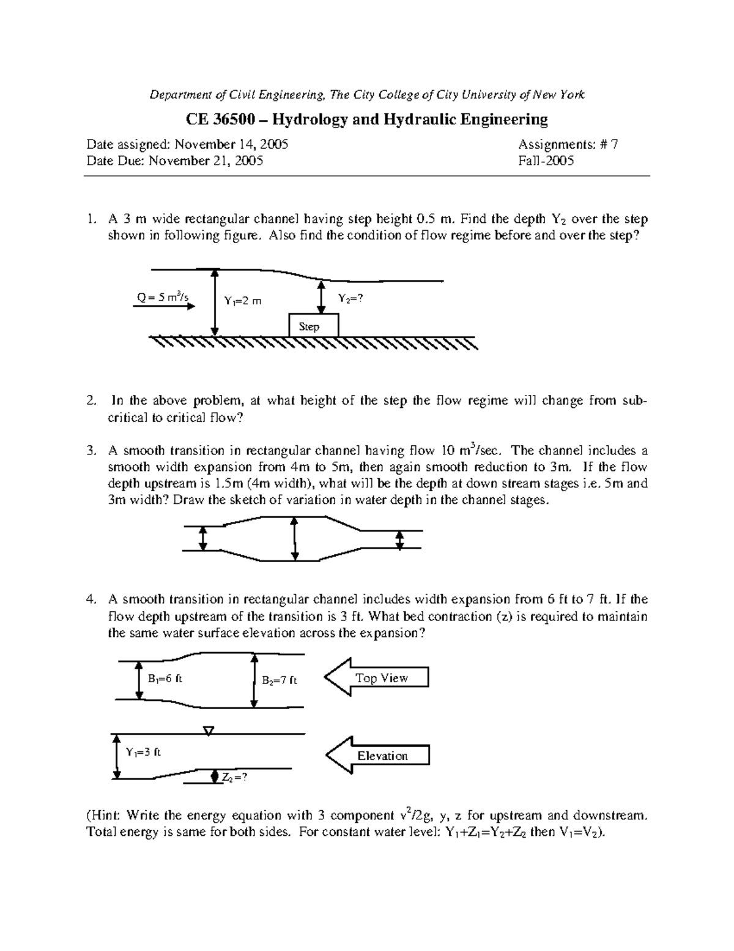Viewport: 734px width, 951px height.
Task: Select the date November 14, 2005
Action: [x=231, y=145]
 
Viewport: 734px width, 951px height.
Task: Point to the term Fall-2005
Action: [x=546, y=161]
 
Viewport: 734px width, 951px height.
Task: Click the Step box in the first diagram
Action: [x=313, y=325]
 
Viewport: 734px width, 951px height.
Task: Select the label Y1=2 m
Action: [x=242, y=301]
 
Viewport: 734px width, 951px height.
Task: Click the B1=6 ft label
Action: [x=165, y=678]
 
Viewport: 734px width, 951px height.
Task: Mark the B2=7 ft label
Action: [x=280, y=680]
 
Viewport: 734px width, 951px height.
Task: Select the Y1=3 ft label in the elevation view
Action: [x=143, y=752]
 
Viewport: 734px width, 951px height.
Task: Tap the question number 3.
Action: [x=91, y=451]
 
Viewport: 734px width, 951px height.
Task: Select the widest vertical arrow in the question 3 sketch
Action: [x=295, y=538]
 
